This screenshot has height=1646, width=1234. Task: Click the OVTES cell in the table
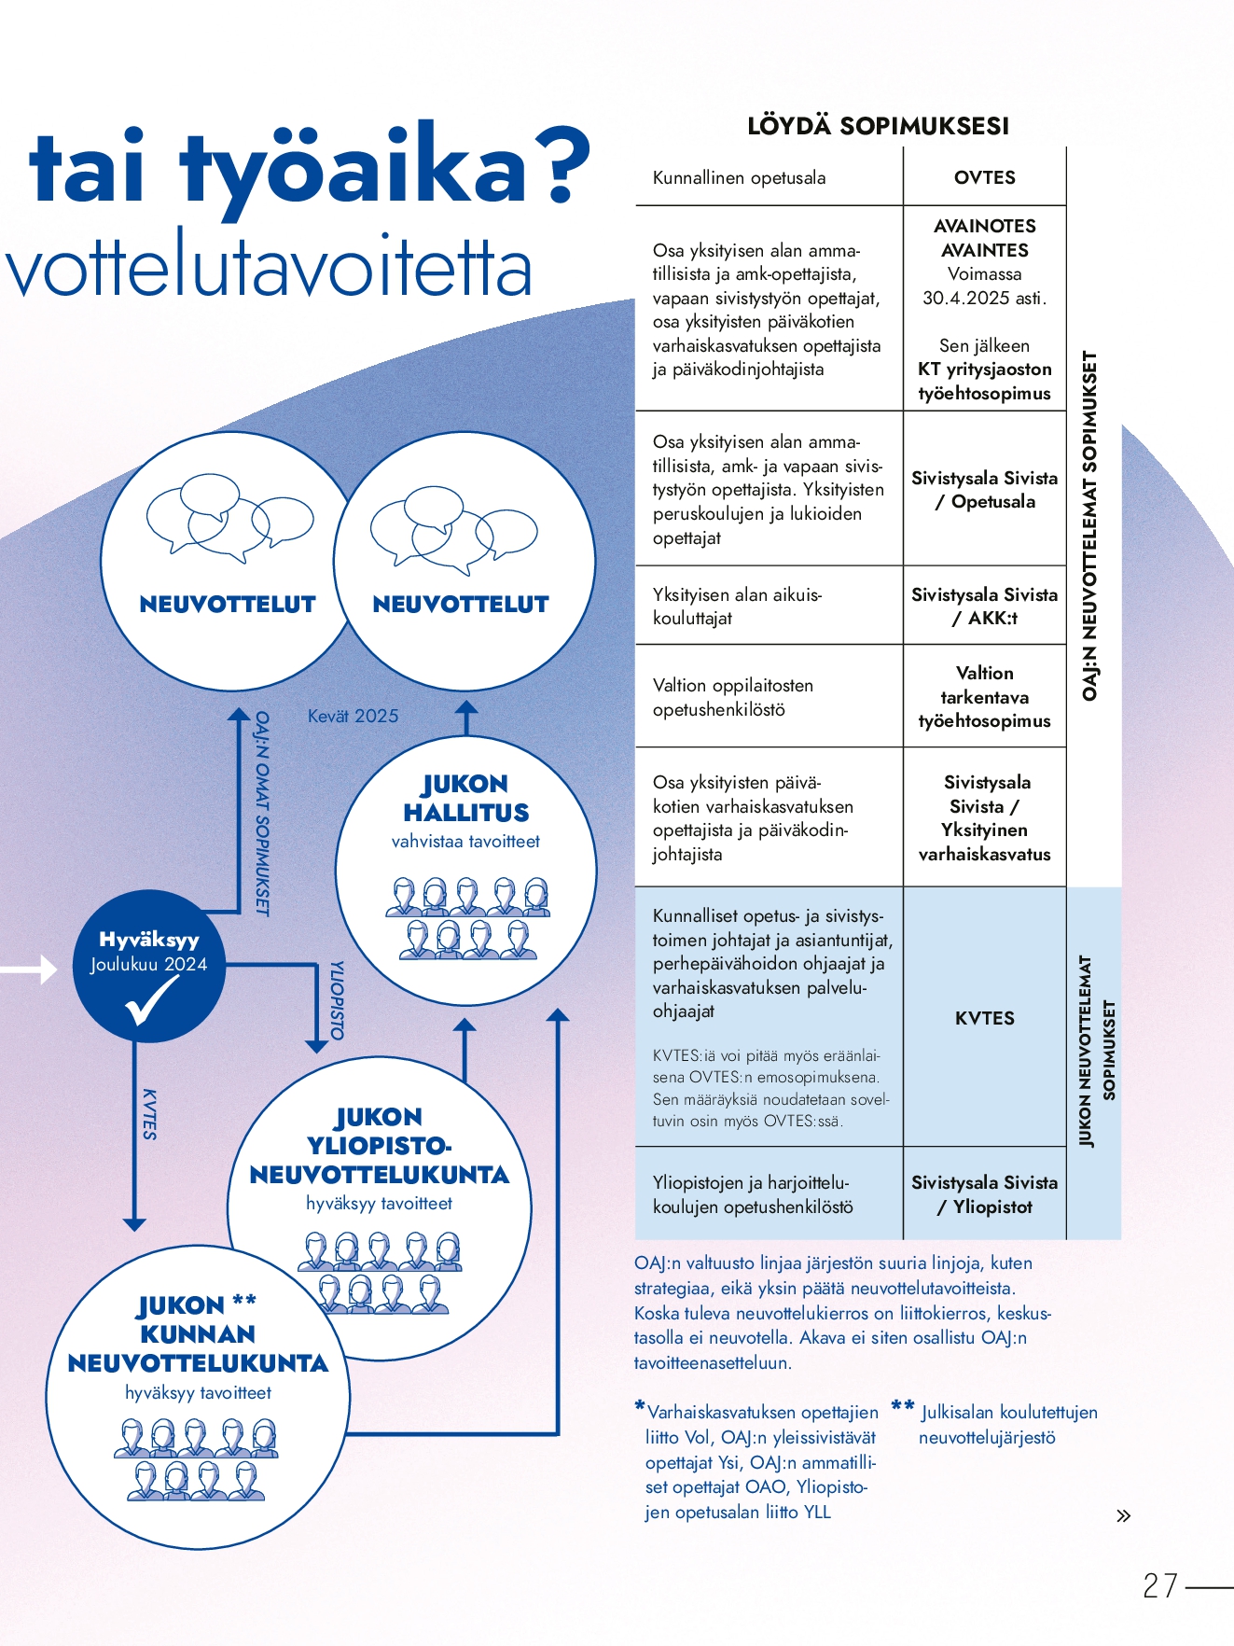[984, 177]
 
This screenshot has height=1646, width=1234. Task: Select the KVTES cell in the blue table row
[984, 1018]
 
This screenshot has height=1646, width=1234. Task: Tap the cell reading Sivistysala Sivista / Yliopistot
[984, 1194]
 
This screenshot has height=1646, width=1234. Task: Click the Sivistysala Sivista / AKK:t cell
[984, 606]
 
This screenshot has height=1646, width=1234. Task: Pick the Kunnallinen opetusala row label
[739, 177]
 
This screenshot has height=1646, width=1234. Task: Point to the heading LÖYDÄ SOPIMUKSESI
[878, 126]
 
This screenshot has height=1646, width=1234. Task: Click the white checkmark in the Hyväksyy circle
[149, 1000]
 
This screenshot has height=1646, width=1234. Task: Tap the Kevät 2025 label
[353, 716]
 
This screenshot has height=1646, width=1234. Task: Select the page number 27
[1160, 1585]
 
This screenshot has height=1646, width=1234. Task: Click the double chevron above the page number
[1123, 1515]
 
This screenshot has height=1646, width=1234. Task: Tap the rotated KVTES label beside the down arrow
[149, 1114]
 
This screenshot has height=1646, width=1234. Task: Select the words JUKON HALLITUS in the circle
[465, 798]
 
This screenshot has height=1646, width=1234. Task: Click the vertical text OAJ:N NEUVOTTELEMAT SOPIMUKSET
[1089, 525]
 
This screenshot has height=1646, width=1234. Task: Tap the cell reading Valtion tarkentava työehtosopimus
[984, 696]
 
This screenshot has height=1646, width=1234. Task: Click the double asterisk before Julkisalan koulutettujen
[902, 1405]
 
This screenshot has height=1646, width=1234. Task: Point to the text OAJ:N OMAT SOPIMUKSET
[262, 813]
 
